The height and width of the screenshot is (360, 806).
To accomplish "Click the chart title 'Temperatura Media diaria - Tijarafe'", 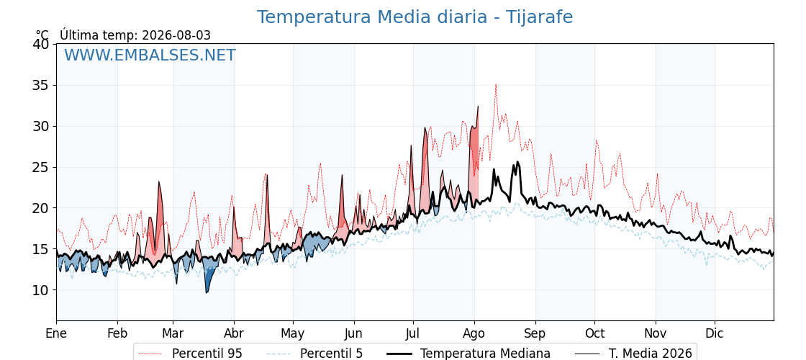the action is (415, 17).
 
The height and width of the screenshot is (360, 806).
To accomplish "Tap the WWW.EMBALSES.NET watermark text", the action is (150, 55).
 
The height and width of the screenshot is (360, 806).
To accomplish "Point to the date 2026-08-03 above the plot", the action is (176, 35).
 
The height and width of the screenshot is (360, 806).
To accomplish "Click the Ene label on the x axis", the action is (57, 333).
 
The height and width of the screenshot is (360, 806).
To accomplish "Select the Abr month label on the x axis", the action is (234, 333).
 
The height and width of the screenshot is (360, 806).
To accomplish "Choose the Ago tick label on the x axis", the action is (474, 333).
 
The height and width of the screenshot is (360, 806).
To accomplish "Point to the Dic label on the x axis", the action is (715, 333).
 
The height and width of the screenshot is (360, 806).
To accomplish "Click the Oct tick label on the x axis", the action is (594, 333).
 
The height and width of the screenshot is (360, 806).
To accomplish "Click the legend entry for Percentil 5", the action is (314, 354).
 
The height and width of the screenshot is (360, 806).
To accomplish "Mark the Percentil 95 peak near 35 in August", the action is (496, 85).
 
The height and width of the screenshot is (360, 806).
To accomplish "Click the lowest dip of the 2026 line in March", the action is (207, 292).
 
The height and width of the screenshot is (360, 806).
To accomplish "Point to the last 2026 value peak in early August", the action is (478, 107).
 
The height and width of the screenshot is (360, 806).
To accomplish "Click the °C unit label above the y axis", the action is (42, 35).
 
